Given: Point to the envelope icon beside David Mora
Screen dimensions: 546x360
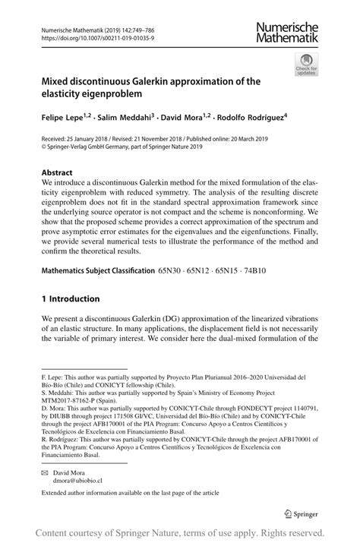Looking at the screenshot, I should (45, 472).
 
